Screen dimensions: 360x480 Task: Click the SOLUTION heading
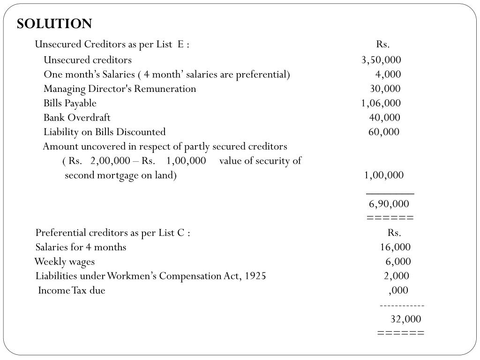click(54, 24)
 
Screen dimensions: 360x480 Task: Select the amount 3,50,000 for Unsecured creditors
click(381, 60)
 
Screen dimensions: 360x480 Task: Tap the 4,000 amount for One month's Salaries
click(388, 75)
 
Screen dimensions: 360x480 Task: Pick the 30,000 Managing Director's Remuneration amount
click(385, 89)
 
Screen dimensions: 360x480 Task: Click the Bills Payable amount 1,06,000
click(381, 103)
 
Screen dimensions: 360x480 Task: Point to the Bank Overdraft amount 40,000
click(384, 118)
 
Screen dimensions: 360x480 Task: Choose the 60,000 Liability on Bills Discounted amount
click(384, 132)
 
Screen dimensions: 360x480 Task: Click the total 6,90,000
click(389, 204)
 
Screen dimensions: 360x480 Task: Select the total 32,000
click(406, 319)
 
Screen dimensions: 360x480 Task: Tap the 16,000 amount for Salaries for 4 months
click(395, 247)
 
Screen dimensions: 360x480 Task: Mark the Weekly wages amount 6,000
click(398, 262)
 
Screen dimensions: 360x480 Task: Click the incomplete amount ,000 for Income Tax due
click(398, 290)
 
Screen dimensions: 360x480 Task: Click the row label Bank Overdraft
click(77, 118)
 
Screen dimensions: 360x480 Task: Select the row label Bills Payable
click(70, 103)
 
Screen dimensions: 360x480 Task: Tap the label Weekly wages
click(64, 262)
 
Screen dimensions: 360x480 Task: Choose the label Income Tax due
click(72, 291)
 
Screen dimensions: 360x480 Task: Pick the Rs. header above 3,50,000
click(382, 45)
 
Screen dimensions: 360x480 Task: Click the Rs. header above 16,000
click(394, 233)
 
